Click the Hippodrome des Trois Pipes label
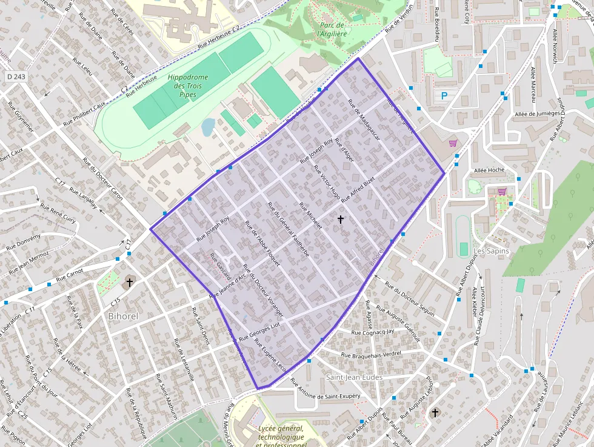(x=187, y=86)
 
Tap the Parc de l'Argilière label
(x=332, y=30)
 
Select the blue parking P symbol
(x=444, y=95)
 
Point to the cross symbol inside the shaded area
(x=340, y=219)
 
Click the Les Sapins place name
(x=491, y=250)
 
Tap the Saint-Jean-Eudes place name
(x=355, y=377)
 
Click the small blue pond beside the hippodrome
(x=208, y=127)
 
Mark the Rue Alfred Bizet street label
(x=358, y=190)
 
